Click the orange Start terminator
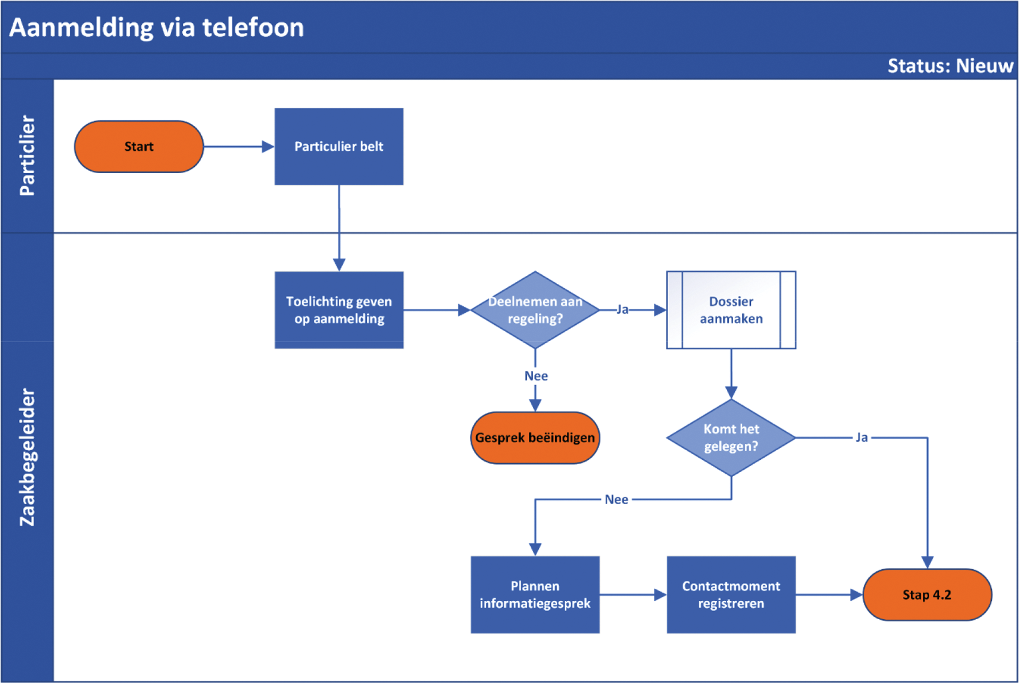coord(139,147)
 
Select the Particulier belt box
coord(339,147)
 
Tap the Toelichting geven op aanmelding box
coord(339,310)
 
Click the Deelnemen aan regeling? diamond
coord(535,310)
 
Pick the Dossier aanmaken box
coord(731,310)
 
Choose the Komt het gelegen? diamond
coord(731,438)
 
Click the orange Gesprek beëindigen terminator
coord(535,438)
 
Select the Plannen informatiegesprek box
coord(535,594)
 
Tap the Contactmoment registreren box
coord(731,594)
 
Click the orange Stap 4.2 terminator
coord(927,594)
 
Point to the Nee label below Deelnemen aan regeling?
coord(536,376)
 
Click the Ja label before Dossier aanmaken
coord(622,310)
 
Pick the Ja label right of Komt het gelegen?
coord(861,438)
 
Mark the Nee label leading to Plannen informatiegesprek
coord(616,500)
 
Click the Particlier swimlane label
coord(27,156)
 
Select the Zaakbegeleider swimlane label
coord(27,457)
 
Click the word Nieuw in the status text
coord(984,66)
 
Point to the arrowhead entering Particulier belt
coord(268,147)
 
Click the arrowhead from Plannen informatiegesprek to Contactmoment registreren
coord(660,594)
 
